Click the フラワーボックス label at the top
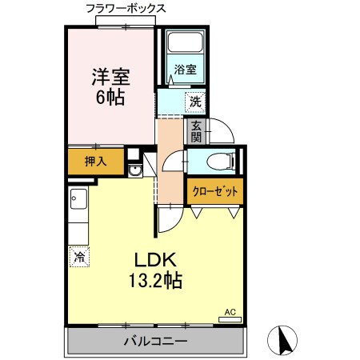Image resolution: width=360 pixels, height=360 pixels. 126,8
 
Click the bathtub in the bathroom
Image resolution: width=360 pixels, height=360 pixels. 186,46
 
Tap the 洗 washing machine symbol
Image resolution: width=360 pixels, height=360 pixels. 194,102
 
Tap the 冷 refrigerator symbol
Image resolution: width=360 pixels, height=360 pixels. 79,258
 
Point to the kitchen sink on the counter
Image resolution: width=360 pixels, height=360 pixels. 78,200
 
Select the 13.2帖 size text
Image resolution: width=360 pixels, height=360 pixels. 153,281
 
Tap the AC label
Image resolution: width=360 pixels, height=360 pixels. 230,312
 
